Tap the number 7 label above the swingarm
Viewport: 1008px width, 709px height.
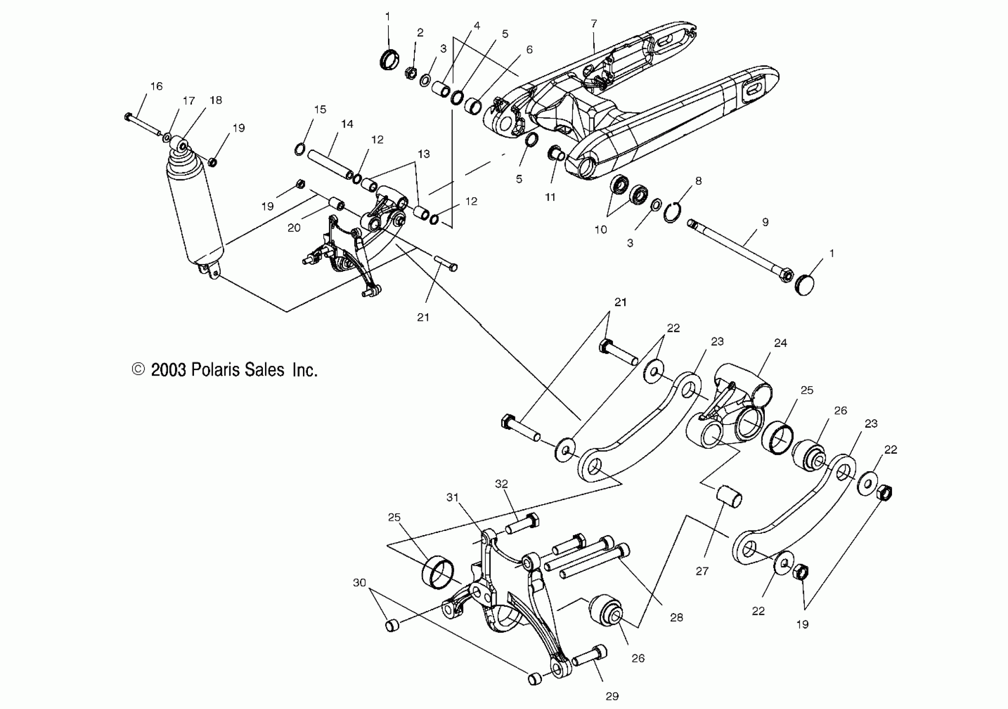click(x=594, y=24)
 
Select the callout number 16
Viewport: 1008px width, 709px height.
click(x=156, y=86)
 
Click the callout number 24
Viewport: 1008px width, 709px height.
click(x=780, y=343)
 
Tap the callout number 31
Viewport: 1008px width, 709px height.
click(x=452, y=498)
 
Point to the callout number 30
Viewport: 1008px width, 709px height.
click(x=360, y=583)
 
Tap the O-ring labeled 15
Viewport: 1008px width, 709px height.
click(x=300, y=150)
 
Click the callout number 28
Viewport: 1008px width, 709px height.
click(x=677, y=617)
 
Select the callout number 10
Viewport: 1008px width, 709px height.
click(x=600, y=229)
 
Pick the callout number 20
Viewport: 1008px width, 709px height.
click(x=294, y=228)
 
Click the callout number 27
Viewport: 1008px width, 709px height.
click(x=702, y=571)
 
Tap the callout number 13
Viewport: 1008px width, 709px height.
click(x=423, y=154)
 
